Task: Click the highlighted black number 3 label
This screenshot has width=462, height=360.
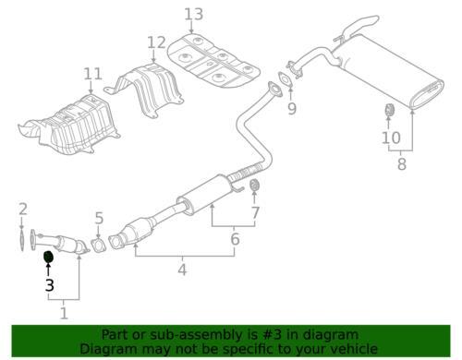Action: (x=50, y=285)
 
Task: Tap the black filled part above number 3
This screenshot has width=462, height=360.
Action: (x=49, y=258)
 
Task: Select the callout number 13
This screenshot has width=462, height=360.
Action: (x=194, y=14)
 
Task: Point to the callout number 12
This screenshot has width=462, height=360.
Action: (x=156, y=42)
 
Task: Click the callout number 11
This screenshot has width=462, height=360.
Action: (x=92, y=74)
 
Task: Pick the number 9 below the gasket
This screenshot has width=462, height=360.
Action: (x=292, y=108)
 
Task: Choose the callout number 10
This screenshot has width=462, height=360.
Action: (x=391, y=138)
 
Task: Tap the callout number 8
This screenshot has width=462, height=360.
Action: (x=402, y=163)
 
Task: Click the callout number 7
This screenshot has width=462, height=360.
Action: (x=255, y=212)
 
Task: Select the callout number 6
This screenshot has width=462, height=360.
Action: (x=235, y=239)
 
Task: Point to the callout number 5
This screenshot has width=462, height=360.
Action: (x=99, y=218)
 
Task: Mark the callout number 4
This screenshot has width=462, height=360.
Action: (x=182, y=270)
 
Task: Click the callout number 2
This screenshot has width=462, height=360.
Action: (x=23, y=209)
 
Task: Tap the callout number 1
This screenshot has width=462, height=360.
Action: (x=64, y=313)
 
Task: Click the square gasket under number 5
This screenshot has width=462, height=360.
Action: (x=99, y=246)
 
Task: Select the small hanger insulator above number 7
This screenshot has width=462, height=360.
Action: (x=254, y=185)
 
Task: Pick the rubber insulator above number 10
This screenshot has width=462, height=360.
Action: (x=390, y=111)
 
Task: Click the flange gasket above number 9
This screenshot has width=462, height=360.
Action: (x=285, y=79)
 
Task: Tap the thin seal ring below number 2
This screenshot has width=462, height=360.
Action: (x=22, y=239)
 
